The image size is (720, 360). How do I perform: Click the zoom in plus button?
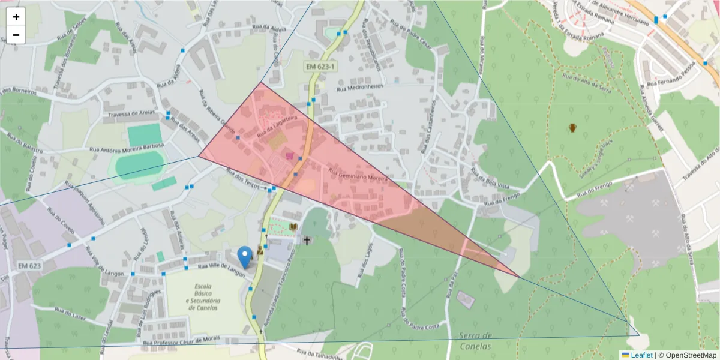[x=16, y=17]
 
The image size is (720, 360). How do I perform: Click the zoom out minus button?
[x=16, y=35]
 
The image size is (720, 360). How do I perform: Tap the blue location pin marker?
[x=245, y=257]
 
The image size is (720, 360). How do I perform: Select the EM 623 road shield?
[x=29, y=265]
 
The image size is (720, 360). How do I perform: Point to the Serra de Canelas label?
[x=474, y=341]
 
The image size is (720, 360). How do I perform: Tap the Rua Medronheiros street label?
[x=359, y=88]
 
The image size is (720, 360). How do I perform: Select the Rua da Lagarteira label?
[x=277, y=127]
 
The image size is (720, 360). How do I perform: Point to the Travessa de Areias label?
[x=131, y=113]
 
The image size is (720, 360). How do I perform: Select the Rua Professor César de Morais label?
[x=182, y=340]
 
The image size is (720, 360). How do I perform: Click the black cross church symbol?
[x=307, y=241]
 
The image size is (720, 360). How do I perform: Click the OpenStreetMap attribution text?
[x=688, y=355]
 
